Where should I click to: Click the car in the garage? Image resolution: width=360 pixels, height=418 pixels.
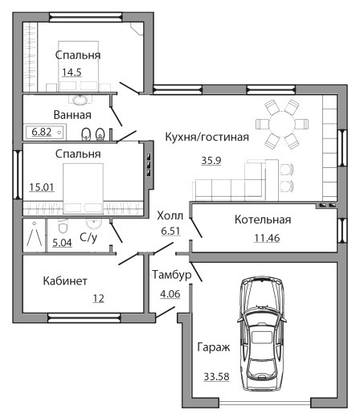click(x=262, y=334)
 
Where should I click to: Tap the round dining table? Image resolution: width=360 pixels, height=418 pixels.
click(x=281, y=124)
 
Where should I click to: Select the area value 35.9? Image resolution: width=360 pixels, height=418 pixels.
click(x=211, y=161)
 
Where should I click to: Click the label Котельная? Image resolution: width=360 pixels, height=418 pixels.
click(x=263, y=219)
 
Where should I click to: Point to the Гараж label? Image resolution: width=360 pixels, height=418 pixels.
click(x=214, y=347)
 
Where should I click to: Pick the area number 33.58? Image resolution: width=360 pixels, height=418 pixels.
click(x=216, y=376)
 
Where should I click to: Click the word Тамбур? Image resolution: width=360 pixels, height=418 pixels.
click(x=172, y=275)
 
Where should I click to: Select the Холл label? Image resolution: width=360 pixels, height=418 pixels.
click(x=170, y=215)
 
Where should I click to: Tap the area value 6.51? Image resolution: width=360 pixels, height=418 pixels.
click(x=170, y=231)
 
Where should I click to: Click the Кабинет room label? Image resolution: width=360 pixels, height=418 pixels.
click(x=65, y=281)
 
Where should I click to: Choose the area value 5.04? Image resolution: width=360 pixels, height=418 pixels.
click(x=62, y=243)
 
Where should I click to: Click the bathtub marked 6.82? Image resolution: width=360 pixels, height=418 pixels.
click(x=45, y=132)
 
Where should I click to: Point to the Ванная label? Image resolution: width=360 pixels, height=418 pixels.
click(x=72, y=115)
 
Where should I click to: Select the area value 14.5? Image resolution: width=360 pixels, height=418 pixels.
click(x=72, y=72)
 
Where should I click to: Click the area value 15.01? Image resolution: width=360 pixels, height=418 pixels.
click(x=42, y=187)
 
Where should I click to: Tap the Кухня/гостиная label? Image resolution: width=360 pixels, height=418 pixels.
click(x=207, y=137)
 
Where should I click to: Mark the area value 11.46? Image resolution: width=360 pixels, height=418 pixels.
click(x=267, y=238)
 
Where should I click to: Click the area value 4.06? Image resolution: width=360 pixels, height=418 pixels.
click(x=170, y=294)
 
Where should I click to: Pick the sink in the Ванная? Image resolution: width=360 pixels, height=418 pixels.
click(x=80, y=100)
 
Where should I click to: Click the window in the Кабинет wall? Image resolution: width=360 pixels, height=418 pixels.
click(x=84, y=318)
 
